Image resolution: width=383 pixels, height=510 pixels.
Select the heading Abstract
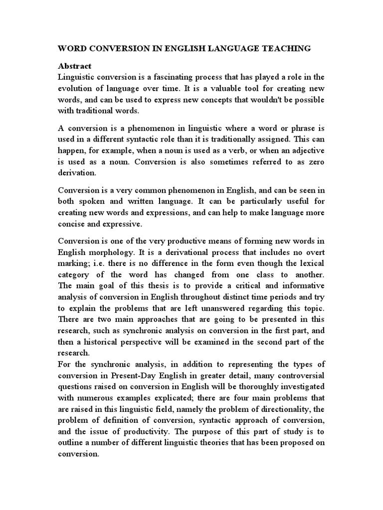75,66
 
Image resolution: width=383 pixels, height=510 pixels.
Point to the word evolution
75,88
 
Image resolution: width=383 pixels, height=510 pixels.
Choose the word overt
314,253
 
